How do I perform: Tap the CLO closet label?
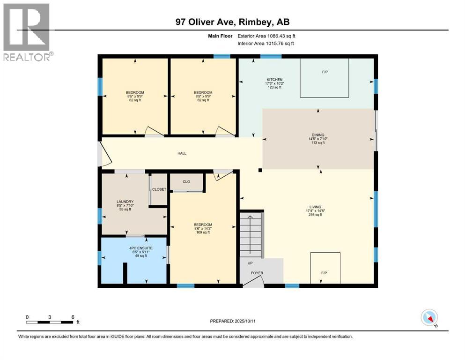186,181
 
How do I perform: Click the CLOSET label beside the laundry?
159,189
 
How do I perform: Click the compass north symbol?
429,318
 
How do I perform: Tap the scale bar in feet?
50,322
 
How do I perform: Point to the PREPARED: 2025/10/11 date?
232,321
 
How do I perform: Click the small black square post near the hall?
260,170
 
